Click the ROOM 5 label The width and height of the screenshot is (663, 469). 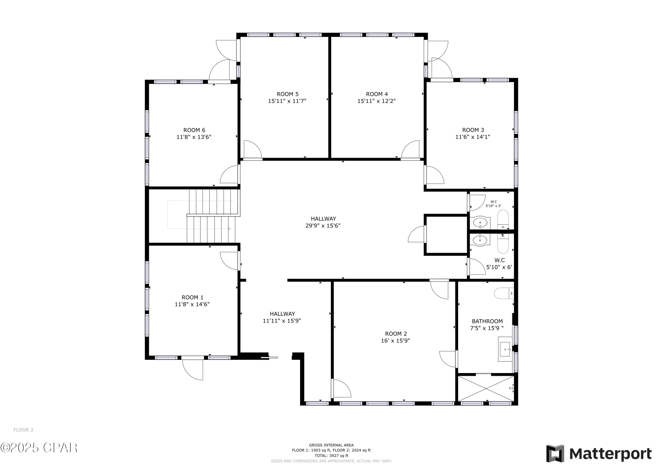288,94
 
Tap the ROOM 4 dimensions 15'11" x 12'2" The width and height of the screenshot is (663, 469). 377,101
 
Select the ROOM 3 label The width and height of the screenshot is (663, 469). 473,130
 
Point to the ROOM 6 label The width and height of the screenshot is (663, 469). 194,130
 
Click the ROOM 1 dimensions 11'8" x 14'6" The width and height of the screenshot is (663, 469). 192,304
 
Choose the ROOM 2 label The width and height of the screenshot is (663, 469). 396,334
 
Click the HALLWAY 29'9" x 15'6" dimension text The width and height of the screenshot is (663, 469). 323,226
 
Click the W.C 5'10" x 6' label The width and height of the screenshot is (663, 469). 499,264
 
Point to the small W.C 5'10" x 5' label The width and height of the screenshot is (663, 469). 493,204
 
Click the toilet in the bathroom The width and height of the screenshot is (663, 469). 504,293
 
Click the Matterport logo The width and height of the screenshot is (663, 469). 599,454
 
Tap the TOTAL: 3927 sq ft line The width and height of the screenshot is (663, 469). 331,456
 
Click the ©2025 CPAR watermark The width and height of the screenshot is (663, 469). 39,448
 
